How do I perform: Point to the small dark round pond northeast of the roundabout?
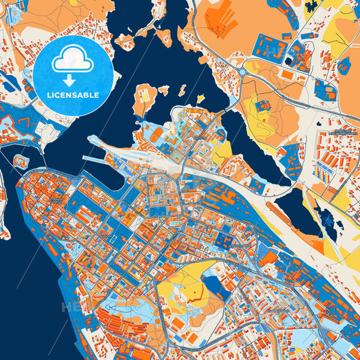pyautogui.click(x=344, y=66)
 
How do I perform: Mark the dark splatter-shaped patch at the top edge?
pyautogui.click(x=311, y=5)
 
